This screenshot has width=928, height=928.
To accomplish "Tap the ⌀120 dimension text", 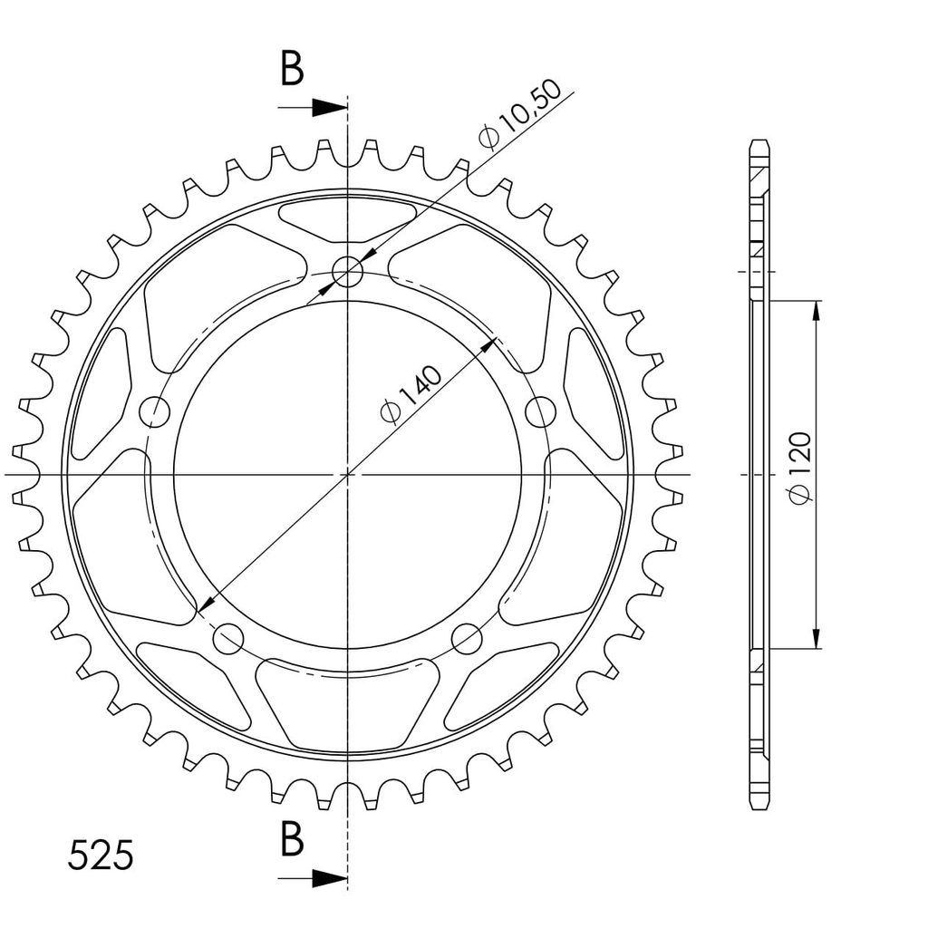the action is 800,469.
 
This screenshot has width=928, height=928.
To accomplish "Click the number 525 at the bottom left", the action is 101,855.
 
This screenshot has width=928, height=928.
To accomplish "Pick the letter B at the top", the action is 292,68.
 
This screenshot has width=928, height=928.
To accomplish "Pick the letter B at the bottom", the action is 292,838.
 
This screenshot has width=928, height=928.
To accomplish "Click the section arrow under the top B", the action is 313,108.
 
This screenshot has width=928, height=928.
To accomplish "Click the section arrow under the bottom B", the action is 313,878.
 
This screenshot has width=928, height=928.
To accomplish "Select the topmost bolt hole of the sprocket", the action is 347,272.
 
